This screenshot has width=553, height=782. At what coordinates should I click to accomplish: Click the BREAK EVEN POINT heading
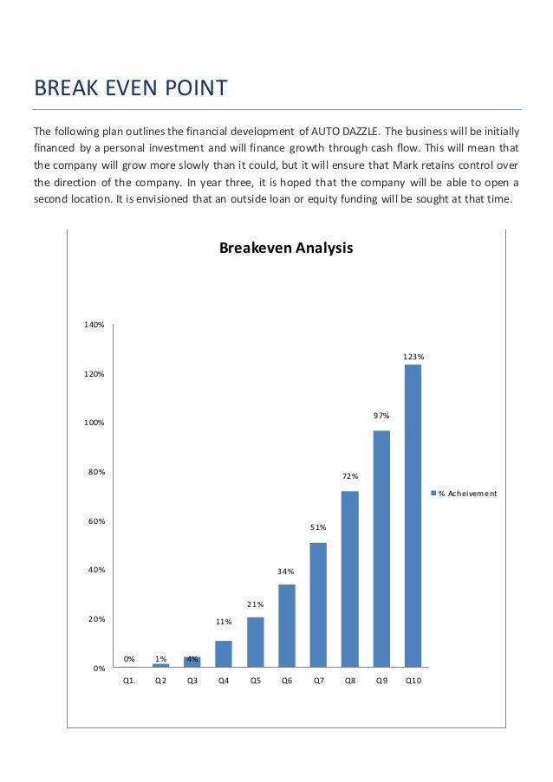pyautogui.click(x=130, y=88)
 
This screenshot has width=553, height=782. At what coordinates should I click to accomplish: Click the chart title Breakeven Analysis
pyautogui.click(x=286, y=249)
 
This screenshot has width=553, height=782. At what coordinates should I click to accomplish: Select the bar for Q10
pyautogui.click(x=413, y=515)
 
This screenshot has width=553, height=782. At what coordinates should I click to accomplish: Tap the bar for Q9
pyautogui.click(x=381, y=548)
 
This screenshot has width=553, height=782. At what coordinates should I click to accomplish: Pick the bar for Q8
pyautogui.click(x=349, y=578)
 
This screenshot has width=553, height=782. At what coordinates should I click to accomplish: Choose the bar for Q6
pyautogui.click(x=286, y=625)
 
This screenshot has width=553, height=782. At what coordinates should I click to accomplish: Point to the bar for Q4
pyautogui.click(x=224, y=654)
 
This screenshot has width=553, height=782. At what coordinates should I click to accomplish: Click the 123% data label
pyautogui.click(x=413, y=356)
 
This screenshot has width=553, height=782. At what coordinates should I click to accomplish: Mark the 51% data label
pyautogui.click(x=318, y=527)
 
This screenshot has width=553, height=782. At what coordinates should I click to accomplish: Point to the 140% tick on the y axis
pyautogui.click(x=94, y=325)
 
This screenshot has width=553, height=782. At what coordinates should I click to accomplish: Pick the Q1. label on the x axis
pyautogui.click(x=129, y=682)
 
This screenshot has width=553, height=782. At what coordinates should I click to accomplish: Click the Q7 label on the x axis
pyautogui.click(x=318, y=682)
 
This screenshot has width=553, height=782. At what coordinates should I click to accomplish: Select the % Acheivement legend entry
pyautogui.click(x=466, y=494)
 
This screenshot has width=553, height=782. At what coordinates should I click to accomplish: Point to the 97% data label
pyautogui.click(x=381, y=417)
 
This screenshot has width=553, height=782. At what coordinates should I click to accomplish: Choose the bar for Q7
pyautogui.click(x=318, y=604)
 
